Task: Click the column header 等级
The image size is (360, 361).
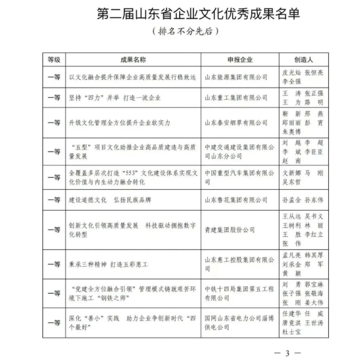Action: [x=54, y=60]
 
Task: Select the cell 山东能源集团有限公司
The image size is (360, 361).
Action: [x=236, y=77]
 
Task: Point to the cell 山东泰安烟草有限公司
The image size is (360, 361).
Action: [x=236, y=122]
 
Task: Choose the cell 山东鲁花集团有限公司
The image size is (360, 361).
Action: [x=236, y=199]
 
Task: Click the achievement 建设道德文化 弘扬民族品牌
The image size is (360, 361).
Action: [x=112, y=199]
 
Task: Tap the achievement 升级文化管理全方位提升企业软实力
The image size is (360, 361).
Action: [x=120, y=122]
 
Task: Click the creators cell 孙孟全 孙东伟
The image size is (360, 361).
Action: [x=303, y=199]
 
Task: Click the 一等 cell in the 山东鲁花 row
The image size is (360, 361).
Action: [x=54, y=199]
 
